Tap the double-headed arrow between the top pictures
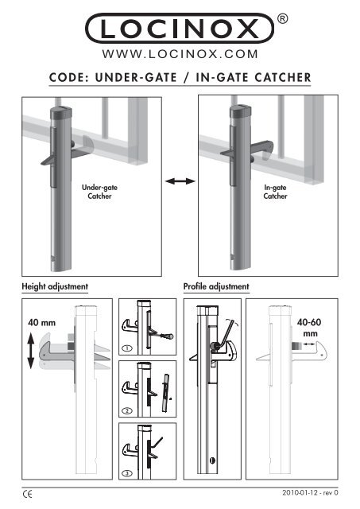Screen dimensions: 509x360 180,182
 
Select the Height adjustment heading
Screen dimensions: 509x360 55,285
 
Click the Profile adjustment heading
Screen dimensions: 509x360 217,285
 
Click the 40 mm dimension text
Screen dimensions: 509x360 42,323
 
